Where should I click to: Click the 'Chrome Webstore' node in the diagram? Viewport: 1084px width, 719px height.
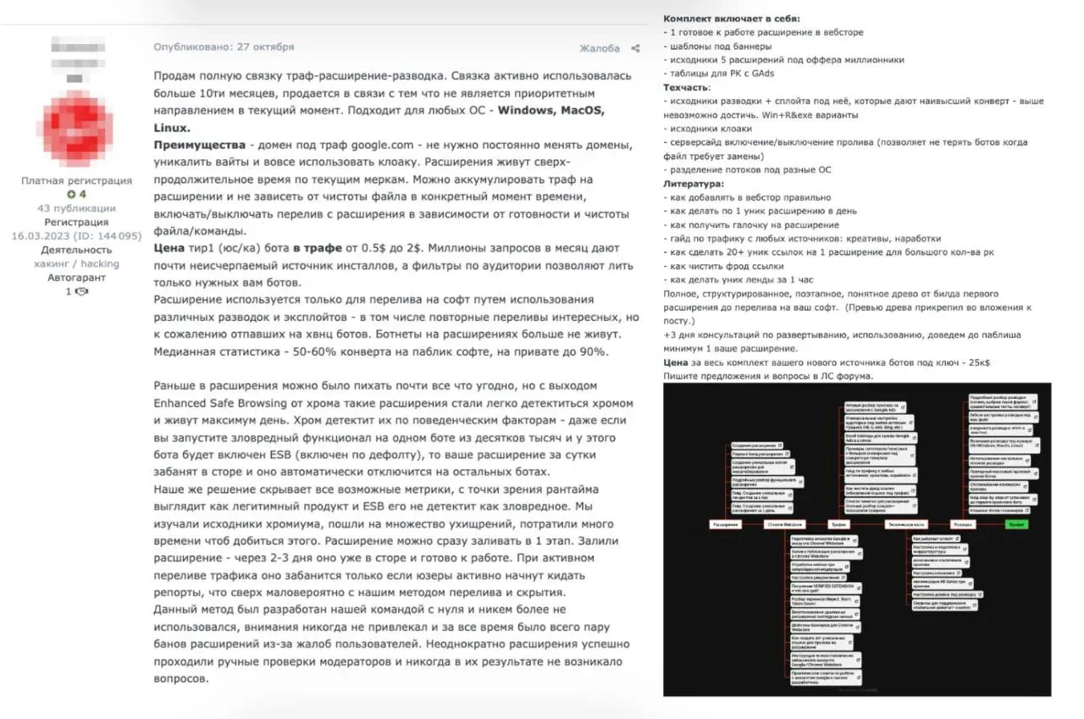coord(784,524)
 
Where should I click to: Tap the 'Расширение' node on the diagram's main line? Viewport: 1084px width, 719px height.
coord(725,524)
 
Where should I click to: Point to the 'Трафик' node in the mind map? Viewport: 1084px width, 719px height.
coord(838,524)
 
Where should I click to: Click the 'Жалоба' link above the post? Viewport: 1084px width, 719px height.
coord(600,48)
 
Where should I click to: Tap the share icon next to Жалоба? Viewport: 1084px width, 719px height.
coord(635,48)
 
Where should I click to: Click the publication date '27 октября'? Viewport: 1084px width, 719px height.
coord(265,47)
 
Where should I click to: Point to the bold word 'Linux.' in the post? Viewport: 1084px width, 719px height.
coord(172,127)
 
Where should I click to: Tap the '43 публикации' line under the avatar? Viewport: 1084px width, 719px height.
coord(76,207)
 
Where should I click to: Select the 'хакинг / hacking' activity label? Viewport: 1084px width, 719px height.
coord(76,263)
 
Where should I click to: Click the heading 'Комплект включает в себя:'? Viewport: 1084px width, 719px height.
coord(731,19)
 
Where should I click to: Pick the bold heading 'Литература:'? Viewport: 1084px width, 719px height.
coord(694,183)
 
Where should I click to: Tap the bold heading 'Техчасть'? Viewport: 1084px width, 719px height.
coord(686,87)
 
